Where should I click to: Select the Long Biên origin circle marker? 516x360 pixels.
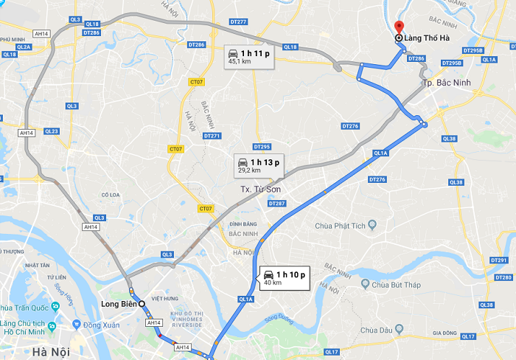click(x=142, y=303)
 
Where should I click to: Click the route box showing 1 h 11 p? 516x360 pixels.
click(x=249, y=57)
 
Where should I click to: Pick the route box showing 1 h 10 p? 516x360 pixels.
click(x=283, y=278)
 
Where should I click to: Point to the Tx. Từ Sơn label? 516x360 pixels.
click(x=262, y=190)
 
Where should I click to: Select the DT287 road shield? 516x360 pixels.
click(x=276, y=203)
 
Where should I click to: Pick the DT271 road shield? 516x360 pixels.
click(x=212, y=136)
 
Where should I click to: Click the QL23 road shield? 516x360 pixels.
click(x=51, y=131)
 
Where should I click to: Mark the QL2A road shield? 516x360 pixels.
click(x=24, y=46)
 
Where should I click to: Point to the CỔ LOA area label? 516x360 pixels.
click(x=111, y=195)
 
